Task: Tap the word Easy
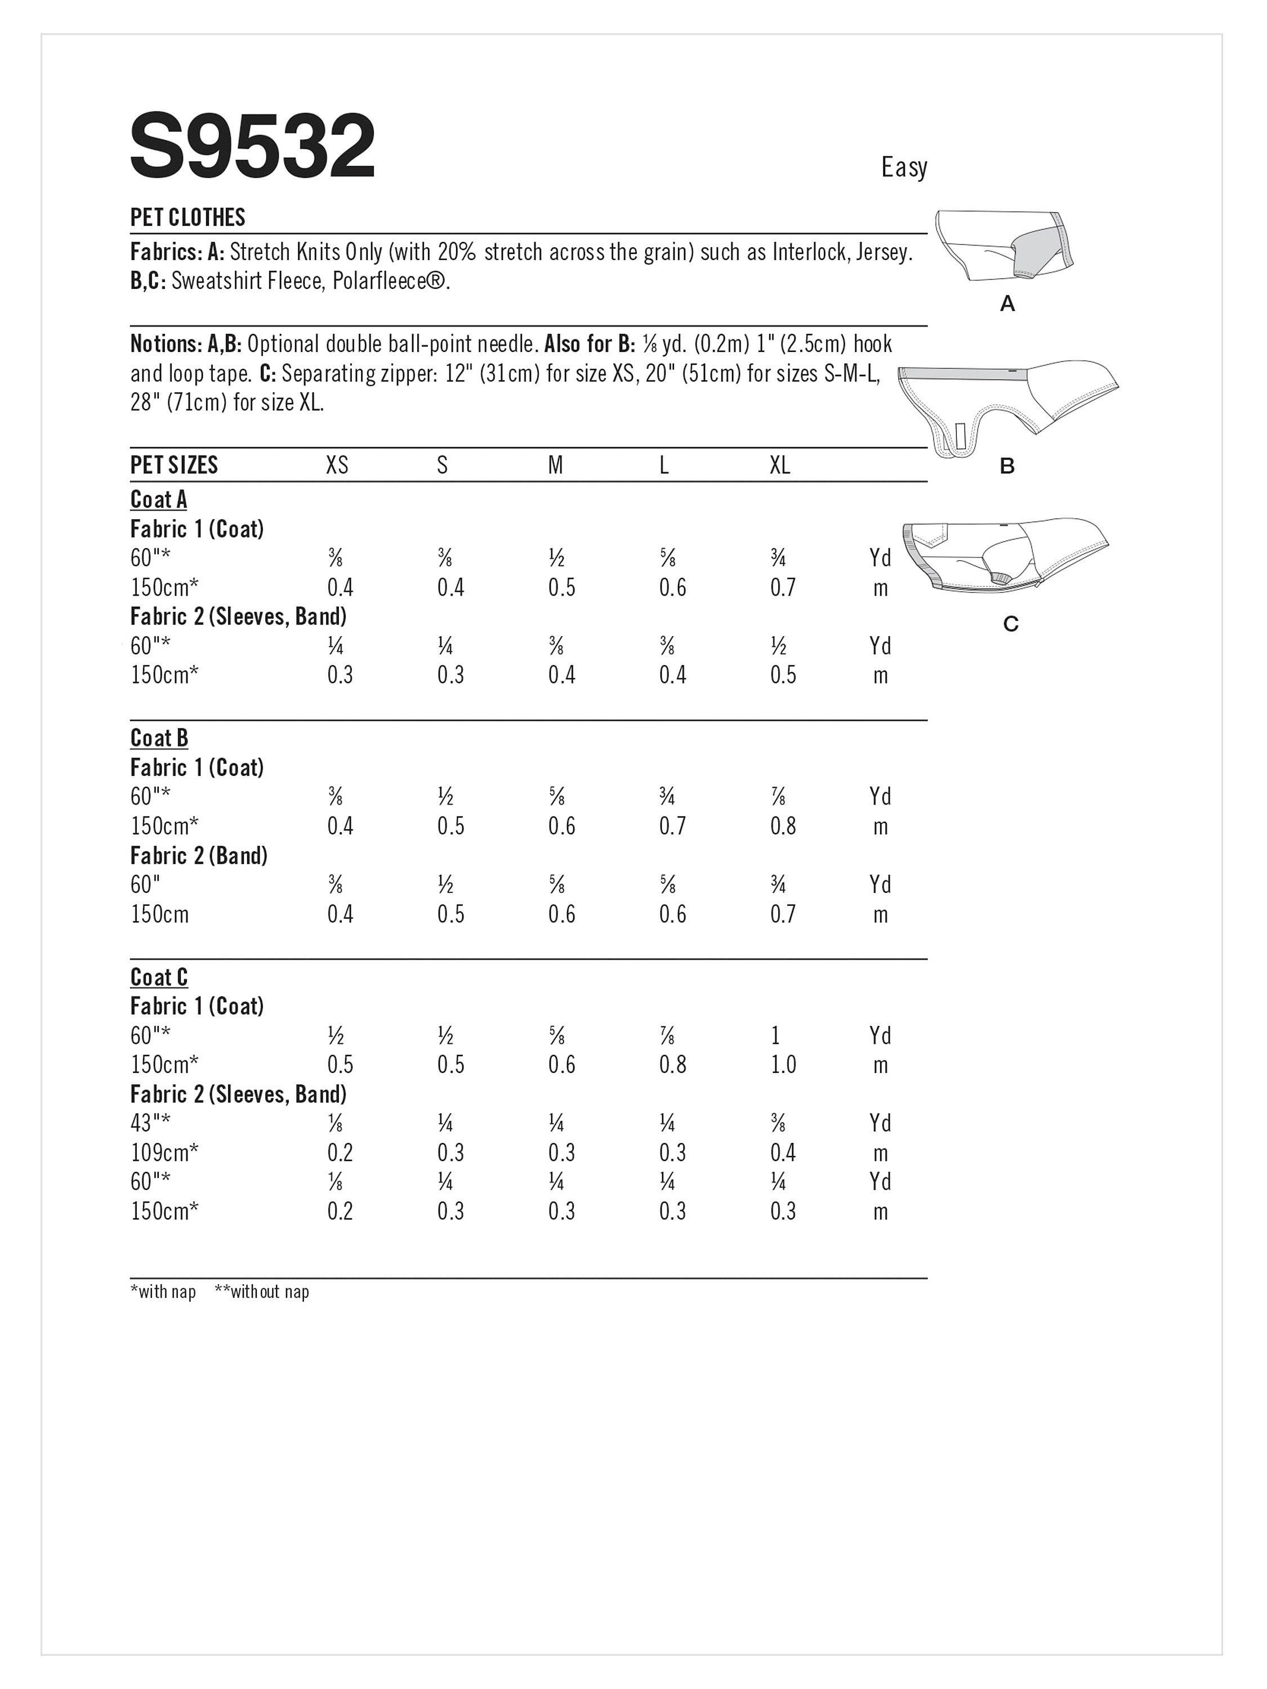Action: tap(903, 168)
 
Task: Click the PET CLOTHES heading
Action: tap(188, 218)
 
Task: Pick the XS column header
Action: tap(337, 465)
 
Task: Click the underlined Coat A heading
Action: tap(159, 499)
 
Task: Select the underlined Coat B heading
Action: tap(159, 738)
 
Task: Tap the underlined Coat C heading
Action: tap(159, 977)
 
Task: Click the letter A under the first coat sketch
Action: tap(1007, 304)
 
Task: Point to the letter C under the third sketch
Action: tap(1010, 624)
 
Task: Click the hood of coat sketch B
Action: tap(1069, 393)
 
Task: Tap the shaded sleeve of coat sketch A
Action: tap(1038, 248)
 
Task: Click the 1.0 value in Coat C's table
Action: tap(783, 1065)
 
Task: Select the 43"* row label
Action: tap(150, 1123)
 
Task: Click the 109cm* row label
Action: tap(164, 1152)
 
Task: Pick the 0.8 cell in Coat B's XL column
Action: tap(783, 826)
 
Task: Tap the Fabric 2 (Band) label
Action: tap(199, 856)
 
